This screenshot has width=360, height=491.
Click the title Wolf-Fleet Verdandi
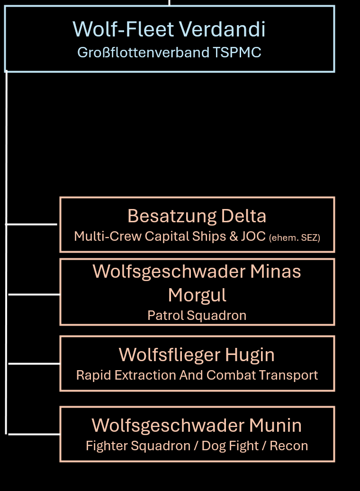tap(169, 29)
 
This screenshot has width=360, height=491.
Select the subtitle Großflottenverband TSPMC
tap(169, 52)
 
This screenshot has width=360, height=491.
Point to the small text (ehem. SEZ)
tap(295, 237)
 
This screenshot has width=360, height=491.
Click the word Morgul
tap(197, 295)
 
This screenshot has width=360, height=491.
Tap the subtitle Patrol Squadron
tap(197, 315)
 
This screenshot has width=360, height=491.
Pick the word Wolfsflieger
tap(169, 355)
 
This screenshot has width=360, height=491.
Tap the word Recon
tap(289, 446)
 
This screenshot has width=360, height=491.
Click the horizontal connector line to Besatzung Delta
tap(32, 224)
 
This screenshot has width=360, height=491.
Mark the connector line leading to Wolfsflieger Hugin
tap(34, 364)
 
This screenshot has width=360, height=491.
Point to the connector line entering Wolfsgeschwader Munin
tap(34, 434)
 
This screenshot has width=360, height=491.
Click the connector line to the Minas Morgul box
tap(34, 294)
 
